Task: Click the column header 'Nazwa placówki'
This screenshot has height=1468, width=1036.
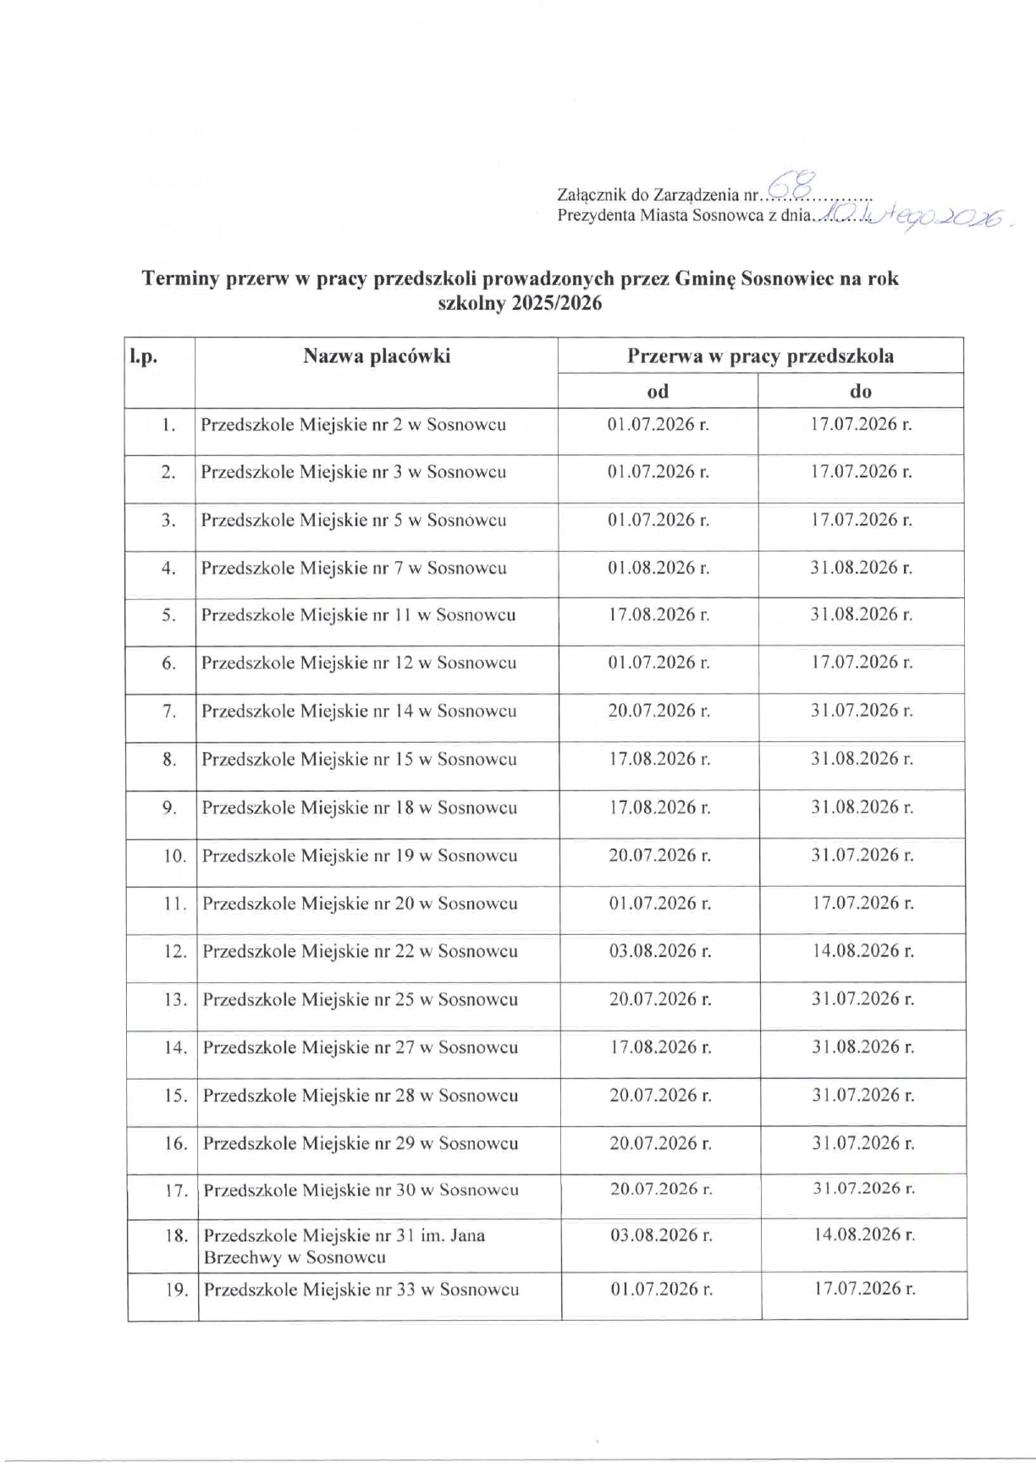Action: [x=377, y=356]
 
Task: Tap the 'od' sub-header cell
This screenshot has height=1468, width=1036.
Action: [x=658, y=391]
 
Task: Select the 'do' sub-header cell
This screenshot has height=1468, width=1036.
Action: [x=861, y=391]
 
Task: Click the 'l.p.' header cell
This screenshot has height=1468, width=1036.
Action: [x=144, y=357]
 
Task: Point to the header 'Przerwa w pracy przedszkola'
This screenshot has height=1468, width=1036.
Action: [x=760, y=356]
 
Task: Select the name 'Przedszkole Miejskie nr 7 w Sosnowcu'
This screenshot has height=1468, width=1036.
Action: [x=354, y=568]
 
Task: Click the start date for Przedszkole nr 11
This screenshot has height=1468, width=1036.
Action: [x=659, y=615]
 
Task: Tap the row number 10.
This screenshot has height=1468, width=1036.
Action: [x=174, y=856]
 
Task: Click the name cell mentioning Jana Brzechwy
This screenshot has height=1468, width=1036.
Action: [x=344, y=1245]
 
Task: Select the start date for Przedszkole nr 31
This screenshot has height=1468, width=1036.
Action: [x=661, y=1235]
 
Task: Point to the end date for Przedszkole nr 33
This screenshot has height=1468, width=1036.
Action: [x=864, y=1289]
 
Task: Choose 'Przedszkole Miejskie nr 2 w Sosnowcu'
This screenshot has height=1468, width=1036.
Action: [x=353, y=425]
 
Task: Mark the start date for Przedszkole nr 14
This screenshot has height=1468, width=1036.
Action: [x=659, y=711]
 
